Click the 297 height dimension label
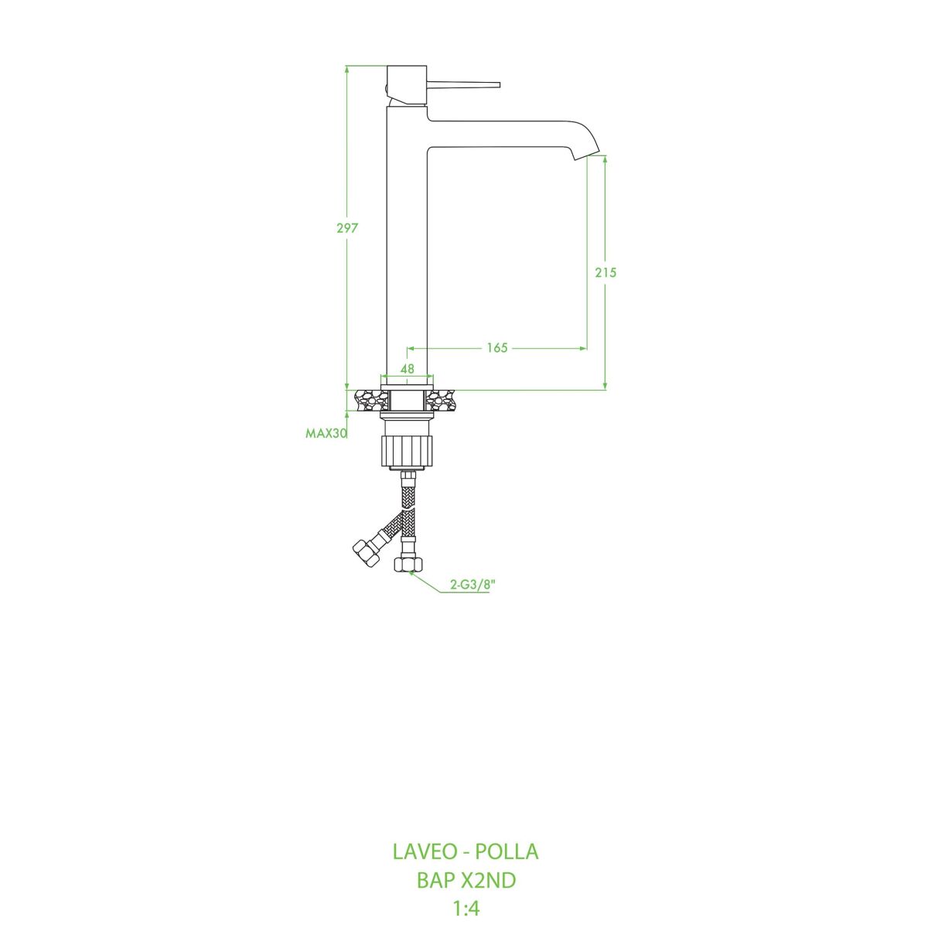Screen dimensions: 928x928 coord(346,228)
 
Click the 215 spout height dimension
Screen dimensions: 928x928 coord(606,272)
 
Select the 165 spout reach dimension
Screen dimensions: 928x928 coord(497,347)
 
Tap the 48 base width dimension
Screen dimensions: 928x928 coord(407,369)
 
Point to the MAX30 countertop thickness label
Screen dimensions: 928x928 coord(326,433)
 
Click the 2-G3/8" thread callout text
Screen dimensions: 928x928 coord(473,585)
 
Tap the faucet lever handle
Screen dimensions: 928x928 coord(464,84)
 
